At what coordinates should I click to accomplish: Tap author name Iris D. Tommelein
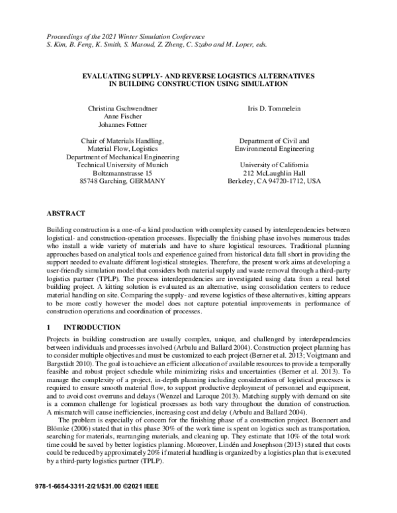tap(273, 108)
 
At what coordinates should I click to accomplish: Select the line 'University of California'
tap(273, 165)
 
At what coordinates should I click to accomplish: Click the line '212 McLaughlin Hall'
tap(273, 173)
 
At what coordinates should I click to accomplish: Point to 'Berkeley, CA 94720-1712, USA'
tap(273, 180)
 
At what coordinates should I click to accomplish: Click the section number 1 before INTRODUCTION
tap(48, 328)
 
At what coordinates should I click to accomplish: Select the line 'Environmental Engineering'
tap(273, 149)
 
